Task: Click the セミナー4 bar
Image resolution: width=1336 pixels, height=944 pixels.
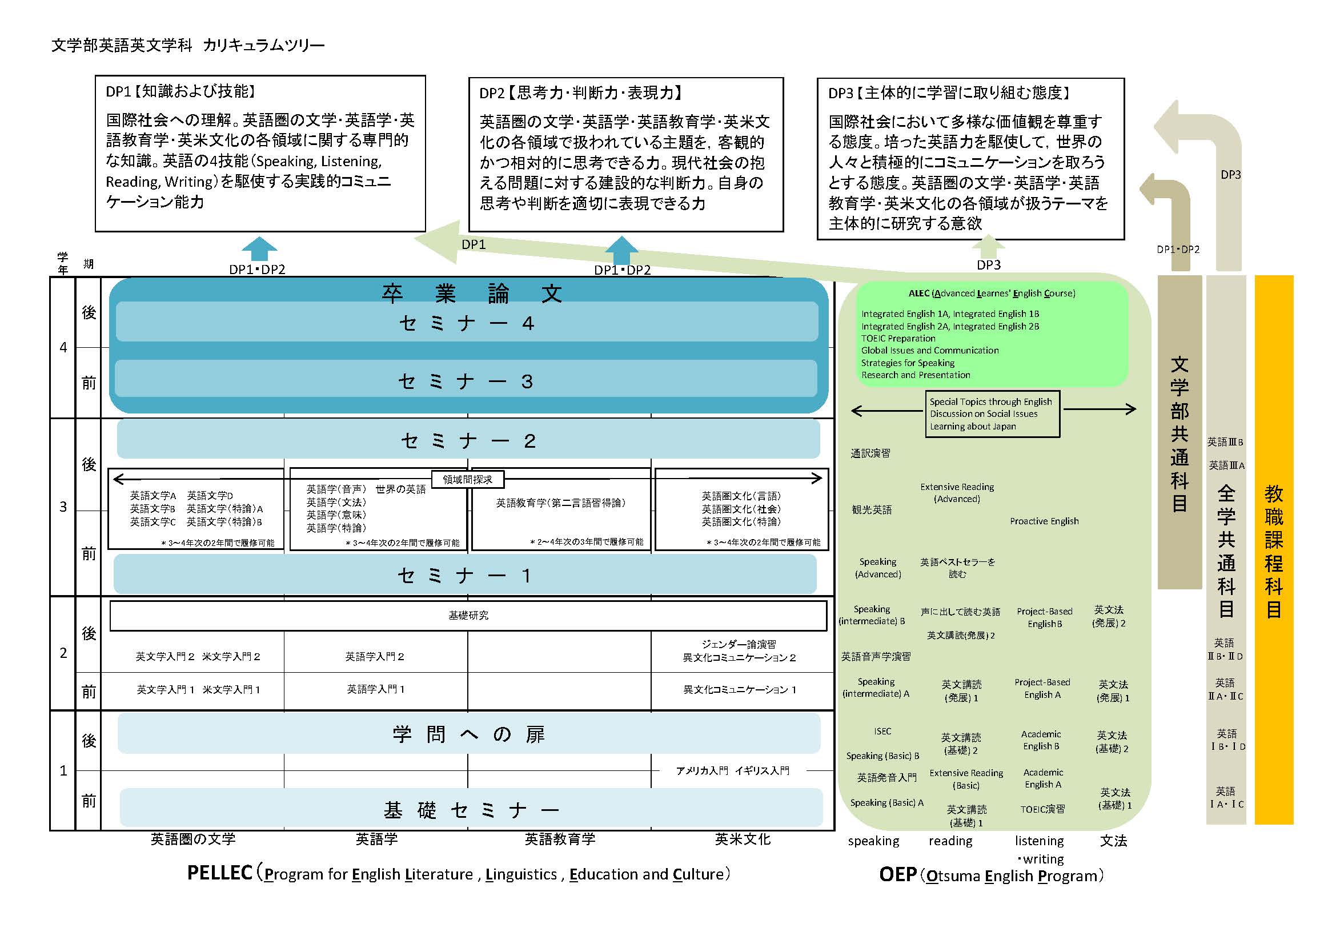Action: [x=467, y=322]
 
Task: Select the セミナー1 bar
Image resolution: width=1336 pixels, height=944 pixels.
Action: [x=464, y=575]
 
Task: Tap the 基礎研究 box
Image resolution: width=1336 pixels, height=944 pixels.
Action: [x=468, y=616]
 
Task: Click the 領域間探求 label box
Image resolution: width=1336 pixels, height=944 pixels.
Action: [x=467, y=479]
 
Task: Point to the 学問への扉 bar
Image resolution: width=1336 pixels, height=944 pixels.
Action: [x=468, y=734]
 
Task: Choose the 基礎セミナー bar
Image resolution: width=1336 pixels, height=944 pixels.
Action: [x=471, y=809]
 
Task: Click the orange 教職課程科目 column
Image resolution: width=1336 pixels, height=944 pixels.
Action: [x=1273, y=549]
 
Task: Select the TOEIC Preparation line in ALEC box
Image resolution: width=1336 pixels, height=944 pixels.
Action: [x=898, y=339]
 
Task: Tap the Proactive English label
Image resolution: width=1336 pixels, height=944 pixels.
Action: [x=1044, y=521]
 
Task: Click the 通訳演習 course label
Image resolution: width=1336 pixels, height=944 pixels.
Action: [x=870, y=453]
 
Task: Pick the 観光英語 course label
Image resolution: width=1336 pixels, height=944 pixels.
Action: [x=871, y=509]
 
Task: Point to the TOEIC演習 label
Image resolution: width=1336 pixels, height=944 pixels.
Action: [x=1042, y=809]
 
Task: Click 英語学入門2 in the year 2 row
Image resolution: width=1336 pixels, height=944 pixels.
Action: [x=374, y=657]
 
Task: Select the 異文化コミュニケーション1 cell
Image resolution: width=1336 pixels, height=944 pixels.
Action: [x=739, y=690]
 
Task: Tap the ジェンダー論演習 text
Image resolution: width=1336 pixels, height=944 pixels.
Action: [x=739, y=644]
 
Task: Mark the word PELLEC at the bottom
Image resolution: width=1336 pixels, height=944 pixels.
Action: [x=219, y=873]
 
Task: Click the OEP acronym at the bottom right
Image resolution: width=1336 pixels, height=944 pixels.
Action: [x=897, y=875]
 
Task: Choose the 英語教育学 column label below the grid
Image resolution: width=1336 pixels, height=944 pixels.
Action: [x=560, y=839]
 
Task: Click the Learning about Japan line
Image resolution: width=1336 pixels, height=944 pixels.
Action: [x=972, y=427]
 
